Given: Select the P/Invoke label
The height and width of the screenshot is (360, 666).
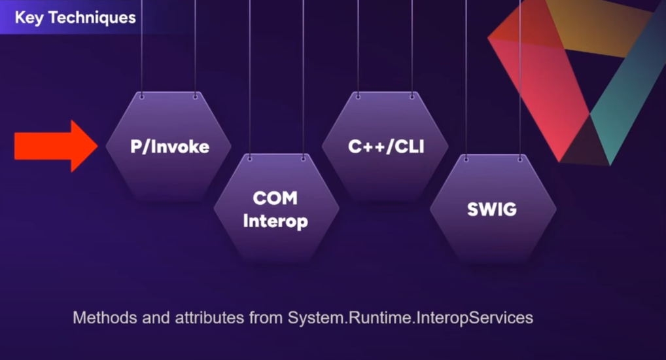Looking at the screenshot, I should point(169,147).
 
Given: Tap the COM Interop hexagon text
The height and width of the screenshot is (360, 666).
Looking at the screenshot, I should point(275,210).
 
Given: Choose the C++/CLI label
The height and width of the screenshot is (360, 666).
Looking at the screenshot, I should point(386,146).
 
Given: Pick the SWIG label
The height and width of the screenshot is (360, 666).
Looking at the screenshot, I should point(491,209).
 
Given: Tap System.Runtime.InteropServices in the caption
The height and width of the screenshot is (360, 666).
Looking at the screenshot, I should point(410,318).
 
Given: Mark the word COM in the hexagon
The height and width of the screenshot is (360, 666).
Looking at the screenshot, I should point(275,198).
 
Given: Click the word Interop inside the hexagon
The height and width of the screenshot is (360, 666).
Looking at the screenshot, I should point(275,221).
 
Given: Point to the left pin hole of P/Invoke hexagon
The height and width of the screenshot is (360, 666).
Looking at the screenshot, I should point(142,97).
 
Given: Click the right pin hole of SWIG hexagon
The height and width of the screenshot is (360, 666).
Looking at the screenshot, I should point(519,159).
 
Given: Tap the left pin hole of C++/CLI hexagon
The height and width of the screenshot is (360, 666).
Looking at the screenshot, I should point(358,97).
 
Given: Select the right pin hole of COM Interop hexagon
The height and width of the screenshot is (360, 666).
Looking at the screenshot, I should point(303,159).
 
